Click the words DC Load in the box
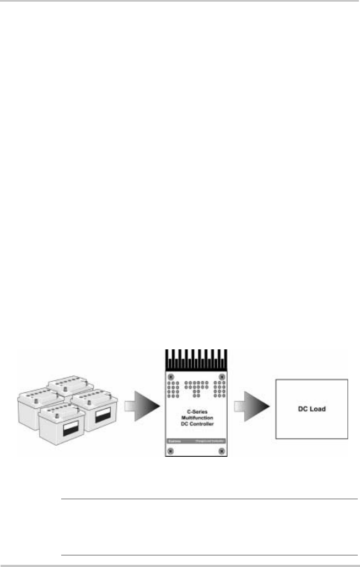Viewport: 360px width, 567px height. pos(311,408)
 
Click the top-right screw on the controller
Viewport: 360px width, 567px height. pos(222,377)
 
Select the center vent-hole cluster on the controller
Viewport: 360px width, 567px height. pos(196,387)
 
